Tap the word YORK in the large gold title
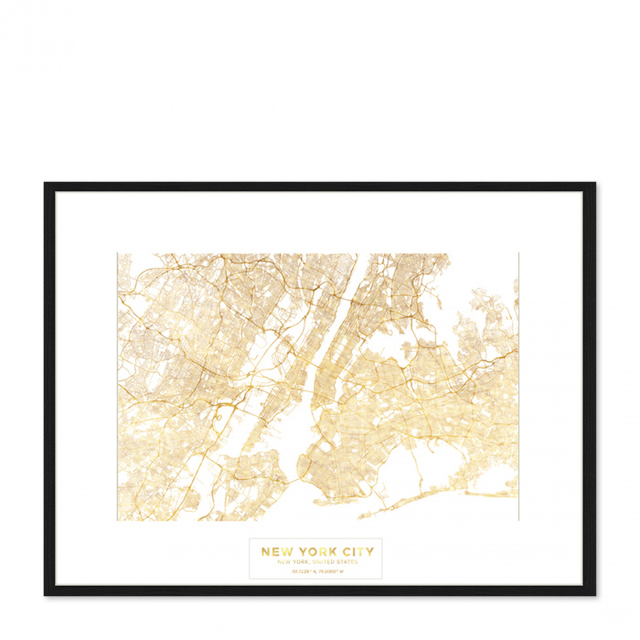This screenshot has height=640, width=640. pyautogui.click(x=315, y=551)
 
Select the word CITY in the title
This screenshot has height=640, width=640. pyautogui.click(x=355, y=551)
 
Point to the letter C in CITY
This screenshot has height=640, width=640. pyautogui.click(x=343, y=551)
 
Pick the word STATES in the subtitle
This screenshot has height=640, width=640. pyautogui.click(x=347, y=562)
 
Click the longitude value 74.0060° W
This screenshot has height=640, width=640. pyautogui.click(x=334, y=572)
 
